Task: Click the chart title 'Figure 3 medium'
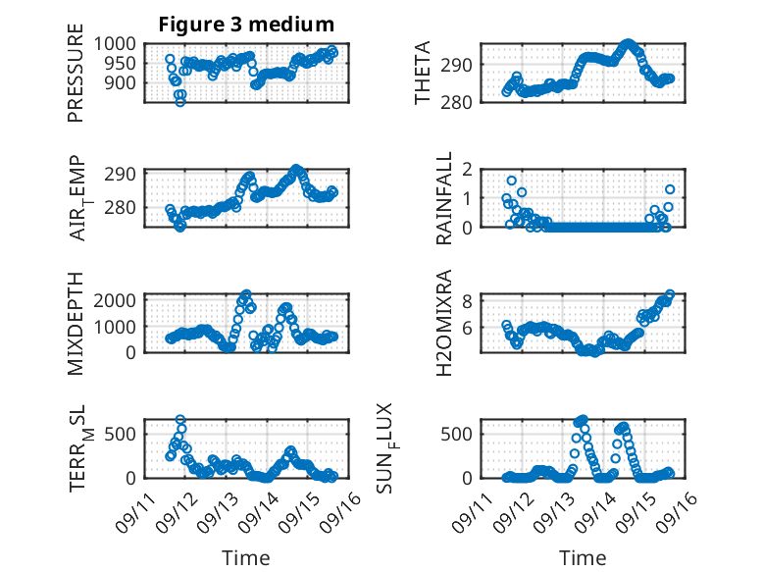246,25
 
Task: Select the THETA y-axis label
423,73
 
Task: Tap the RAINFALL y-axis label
444,198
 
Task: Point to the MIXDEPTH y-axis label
76,323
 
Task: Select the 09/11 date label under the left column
134,510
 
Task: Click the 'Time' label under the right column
583,558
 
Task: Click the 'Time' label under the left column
245,558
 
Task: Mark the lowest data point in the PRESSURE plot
179,102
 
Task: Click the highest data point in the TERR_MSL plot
180,420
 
